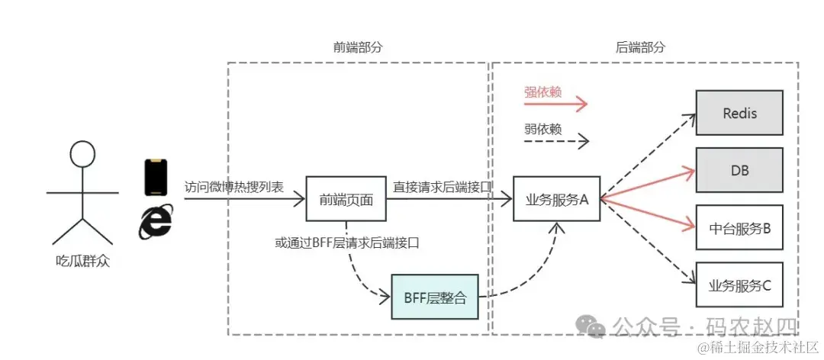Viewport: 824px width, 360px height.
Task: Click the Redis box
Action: (x=739, y=113)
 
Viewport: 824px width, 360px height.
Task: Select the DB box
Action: (x=739, y=170)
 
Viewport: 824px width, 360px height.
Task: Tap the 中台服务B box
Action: (x=739, y=227)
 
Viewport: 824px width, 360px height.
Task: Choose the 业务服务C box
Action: (x=739, y=285)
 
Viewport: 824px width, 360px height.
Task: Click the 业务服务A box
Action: (x=556, y=199)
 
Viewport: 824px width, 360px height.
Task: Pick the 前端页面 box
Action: (x=346, y=199)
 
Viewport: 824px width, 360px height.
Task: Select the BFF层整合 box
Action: (x=434, y=297)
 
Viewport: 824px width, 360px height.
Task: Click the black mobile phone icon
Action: (x=156, y=178)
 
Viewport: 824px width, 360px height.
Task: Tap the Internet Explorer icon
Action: (x=156, y=222)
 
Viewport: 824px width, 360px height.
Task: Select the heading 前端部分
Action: (x=357, y=47)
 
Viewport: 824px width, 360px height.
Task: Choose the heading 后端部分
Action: (x=640, y=47)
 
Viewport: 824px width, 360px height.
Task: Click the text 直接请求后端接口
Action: (x=442, y=186)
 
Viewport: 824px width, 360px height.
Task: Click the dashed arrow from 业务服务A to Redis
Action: (x=649, y=156)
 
